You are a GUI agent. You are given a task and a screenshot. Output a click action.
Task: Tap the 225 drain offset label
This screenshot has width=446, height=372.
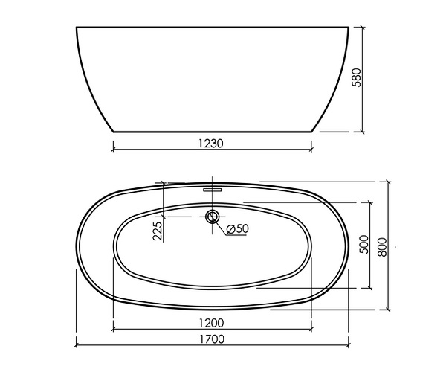[x=158, y=230]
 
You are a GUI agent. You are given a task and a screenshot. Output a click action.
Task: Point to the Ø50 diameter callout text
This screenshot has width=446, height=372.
[x=236, y=228]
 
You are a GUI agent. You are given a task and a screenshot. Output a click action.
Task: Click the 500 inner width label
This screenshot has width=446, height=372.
[x=363, y=246]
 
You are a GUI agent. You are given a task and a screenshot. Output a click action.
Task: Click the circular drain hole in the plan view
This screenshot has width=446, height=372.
[x=212, y=217]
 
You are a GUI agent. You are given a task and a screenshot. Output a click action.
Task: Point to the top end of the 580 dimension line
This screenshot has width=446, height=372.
[x=362, y=28]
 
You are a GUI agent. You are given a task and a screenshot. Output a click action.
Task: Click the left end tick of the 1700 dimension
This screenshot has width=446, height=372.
[x=77, y=344]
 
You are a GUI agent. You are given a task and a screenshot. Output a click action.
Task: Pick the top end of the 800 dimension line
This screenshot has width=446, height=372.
[x=388, y=182]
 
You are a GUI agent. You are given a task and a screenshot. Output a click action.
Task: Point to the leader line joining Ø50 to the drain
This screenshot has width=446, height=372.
[x=221, y=225]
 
